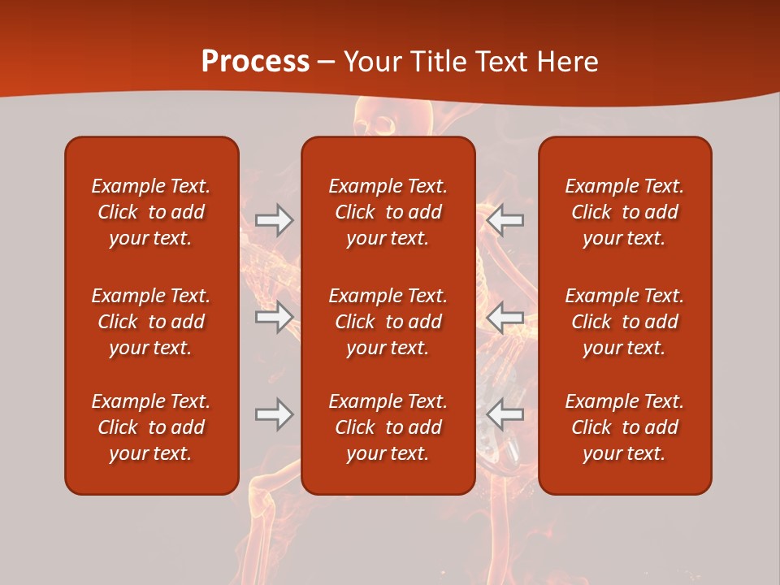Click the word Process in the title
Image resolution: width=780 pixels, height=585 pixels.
[255, 62]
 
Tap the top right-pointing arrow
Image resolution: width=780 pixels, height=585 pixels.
[275, 220]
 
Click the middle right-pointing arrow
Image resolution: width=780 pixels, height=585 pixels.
[275, 317]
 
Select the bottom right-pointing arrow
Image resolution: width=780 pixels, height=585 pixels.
[275, 414]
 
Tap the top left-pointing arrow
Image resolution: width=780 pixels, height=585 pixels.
[505, 220]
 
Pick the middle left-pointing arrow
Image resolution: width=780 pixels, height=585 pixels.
[505, 317]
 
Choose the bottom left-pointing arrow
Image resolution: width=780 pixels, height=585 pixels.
[505, 414]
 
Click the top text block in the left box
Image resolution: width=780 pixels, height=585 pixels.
[151, 212]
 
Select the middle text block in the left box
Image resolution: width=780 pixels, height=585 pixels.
[151, 322]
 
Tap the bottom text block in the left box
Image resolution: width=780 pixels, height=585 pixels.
[151, 427]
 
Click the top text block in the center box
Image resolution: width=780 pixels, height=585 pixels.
[388, 212]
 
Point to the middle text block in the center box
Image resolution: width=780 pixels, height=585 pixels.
[388, 322]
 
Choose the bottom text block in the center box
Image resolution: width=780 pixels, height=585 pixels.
[388, 427]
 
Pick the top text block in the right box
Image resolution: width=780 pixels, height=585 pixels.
[625, 212]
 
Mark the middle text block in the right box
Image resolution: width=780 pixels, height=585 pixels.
[625, 322]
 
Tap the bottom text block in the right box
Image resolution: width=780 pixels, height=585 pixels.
[625, 427]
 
